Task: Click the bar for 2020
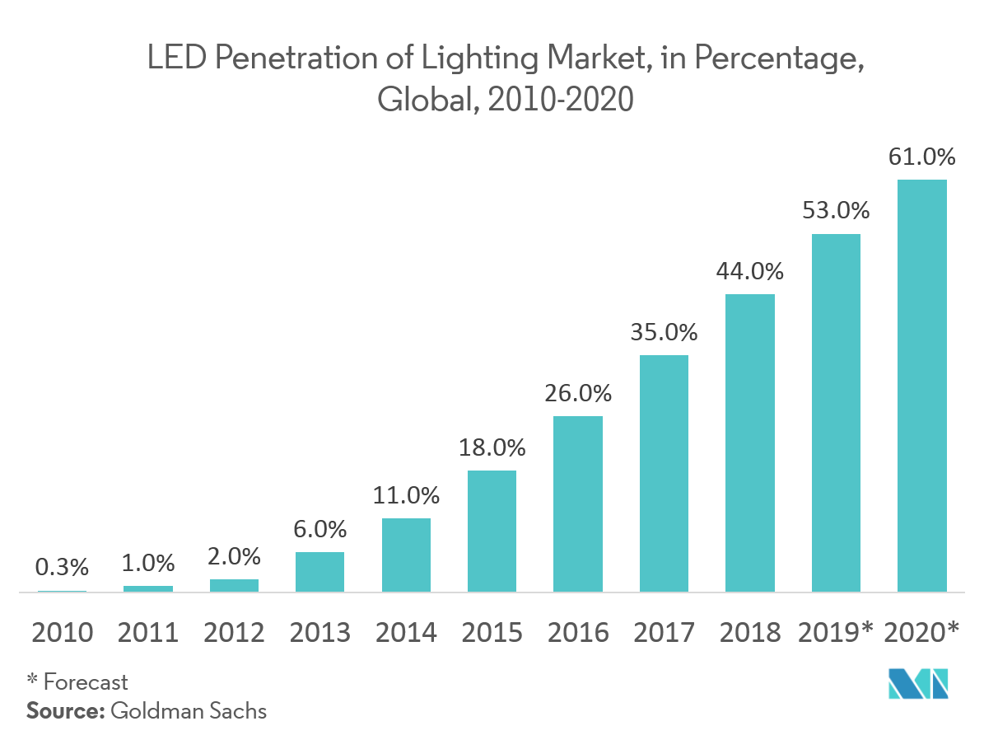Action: coord(921,386)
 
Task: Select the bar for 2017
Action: coord(664,473)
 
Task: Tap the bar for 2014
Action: coord(406,555)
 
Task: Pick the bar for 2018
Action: coord(749,443)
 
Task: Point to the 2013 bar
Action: coord(319,571)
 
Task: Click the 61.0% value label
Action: coord(921,157)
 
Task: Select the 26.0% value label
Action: coord(578,393)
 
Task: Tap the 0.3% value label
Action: coord(62,567)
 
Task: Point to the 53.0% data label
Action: coord(836,211)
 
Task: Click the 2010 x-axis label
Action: coord(62,632)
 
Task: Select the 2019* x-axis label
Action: coord(836,632)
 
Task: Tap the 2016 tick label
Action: coord(578,632)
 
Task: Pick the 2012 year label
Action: coord(234,632)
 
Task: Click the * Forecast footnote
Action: coord(77,682)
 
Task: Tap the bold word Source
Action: coord(62,710)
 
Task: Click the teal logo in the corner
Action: coord(918,683)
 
